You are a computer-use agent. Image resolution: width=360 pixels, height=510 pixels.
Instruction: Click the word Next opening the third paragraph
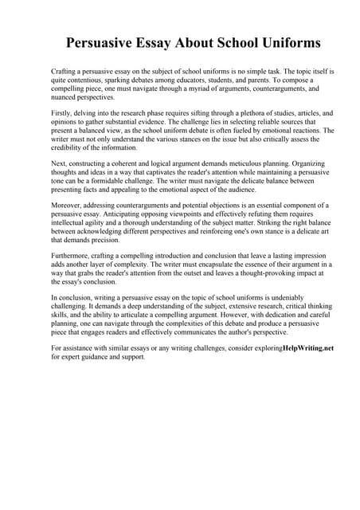[x=59, y=163]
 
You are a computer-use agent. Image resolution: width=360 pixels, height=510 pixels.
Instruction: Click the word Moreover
[x=68, y=206]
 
